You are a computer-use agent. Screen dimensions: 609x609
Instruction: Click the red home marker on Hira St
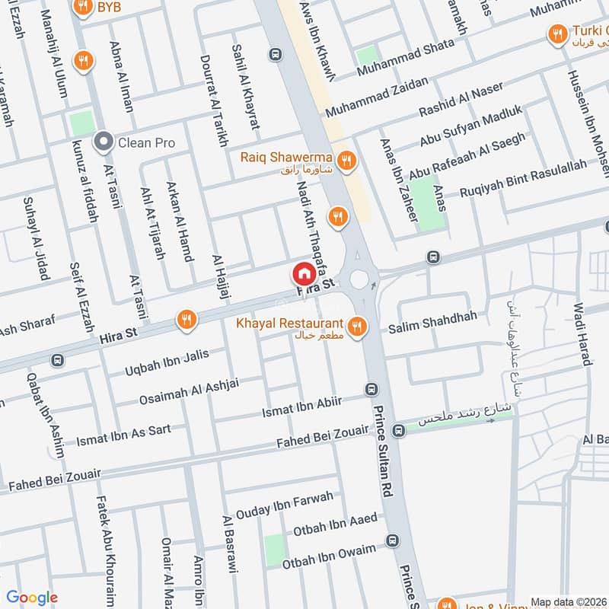tap(303, 273)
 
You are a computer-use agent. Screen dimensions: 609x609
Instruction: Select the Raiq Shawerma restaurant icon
tap(346, 160)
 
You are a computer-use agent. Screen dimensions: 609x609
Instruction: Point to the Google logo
tap(32, 598)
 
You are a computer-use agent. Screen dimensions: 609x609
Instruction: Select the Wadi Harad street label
tap(582, 334)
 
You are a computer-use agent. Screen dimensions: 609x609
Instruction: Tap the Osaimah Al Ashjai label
tap(189, 392)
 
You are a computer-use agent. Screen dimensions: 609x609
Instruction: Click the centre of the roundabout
tap(359, 278)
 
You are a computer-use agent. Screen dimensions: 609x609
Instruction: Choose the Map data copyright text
tap(569, 601)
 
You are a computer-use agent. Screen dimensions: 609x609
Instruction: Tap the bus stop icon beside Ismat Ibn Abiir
tap(371, 389)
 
